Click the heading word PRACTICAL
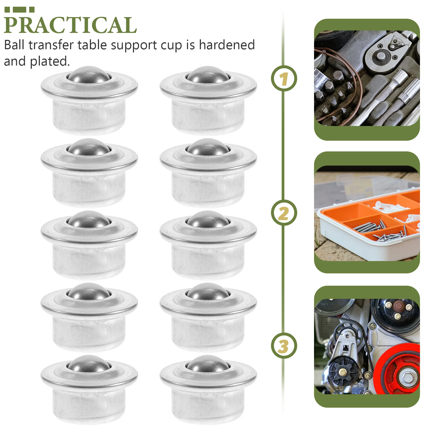coord(70,25)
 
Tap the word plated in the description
coord(49,61)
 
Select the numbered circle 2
coord(284,213)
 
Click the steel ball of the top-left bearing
coord(89,75)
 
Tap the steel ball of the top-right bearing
coord(208,75)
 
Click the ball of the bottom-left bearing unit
coord(89,364)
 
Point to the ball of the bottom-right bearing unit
coord(208,364)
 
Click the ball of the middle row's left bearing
coord(89,220)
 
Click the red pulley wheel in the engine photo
coord(396,369)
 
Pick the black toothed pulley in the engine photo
coord(343,372)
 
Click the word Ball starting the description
coord(14,45)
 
